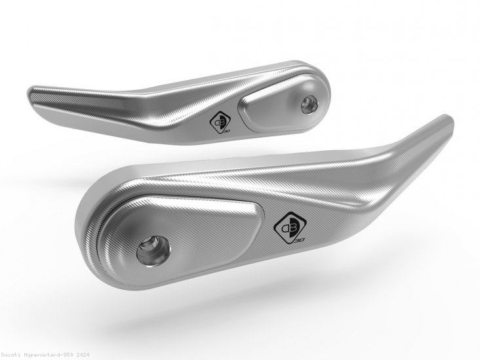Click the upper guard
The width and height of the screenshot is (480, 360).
coord(164,105)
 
